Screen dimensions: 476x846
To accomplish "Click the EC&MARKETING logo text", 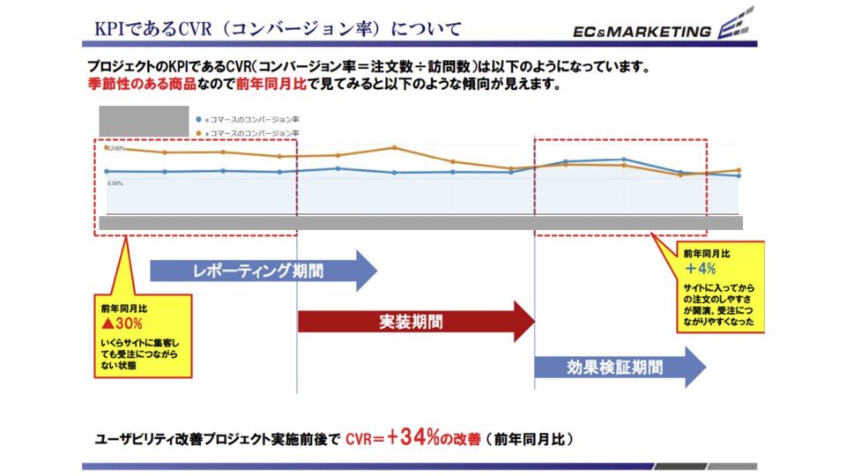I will coord(642,31).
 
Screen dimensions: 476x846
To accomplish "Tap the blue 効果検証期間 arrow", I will coord(617,368).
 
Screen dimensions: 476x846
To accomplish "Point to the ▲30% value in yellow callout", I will coord(122,324).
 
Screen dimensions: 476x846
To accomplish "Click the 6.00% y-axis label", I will coord(115,183).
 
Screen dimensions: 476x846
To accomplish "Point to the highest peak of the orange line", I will coord(394,147).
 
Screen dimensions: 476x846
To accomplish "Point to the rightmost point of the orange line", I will coord(738,170).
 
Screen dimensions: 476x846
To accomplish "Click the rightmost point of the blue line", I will coord(738,176).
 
